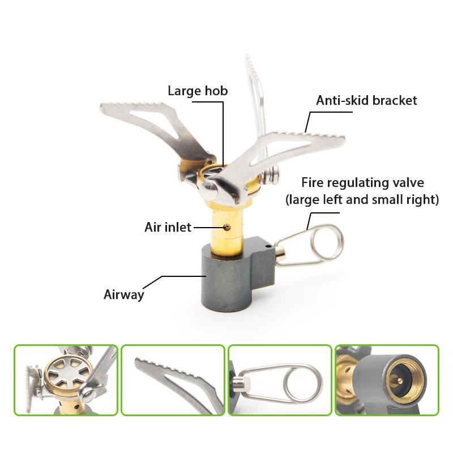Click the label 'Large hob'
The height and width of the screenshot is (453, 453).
pyautogui.click(x=198, y=91)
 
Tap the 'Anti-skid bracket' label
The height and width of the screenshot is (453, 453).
pyautogui.click(x=366, y=101)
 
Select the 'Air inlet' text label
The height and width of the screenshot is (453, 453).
pyautogui.click(x=168, y=228)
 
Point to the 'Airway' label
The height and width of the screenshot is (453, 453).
pyautogui.click(x=123, y=294)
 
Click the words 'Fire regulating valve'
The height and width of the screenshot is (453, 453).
pyautogui.click(x=362, y=183)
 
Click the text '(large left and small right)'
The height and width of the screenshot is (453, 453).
pyautogui.click(x=362, y=200)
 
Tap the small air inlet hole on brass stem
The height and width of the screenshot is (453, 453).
pyautogui.click(x=226, y=227)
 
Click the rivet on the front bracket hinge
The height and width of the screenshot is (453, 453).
pyautogui.click(x=207, y=185)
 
